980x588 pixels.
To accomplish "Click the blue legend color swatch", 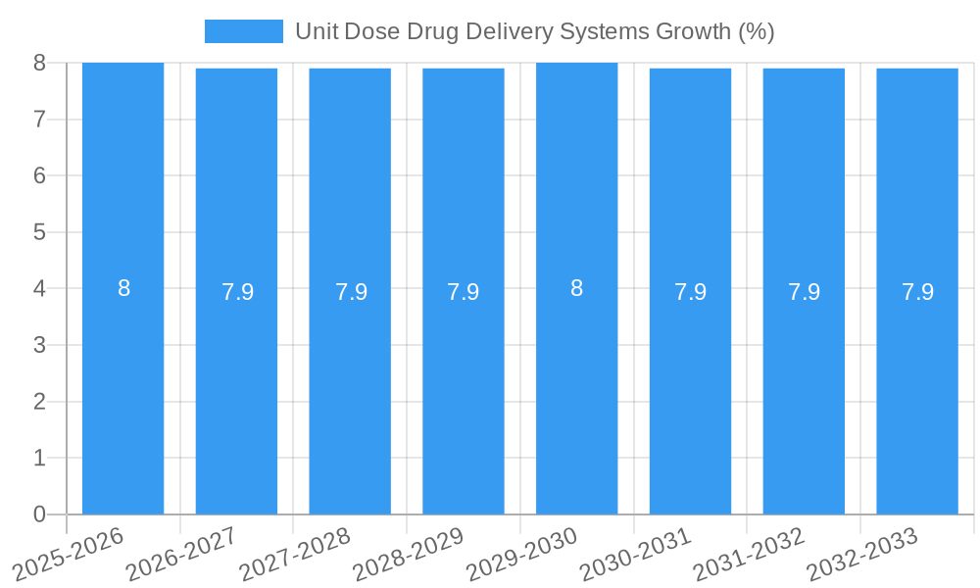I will click(243, 31).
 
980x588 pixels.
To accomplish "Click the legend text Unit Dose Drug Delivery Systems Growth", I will click(535, 31).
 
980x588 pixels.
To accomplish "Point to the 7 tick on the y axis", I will click(39, 120).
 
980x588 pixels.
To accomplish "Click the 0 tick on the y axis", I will click(39, 514).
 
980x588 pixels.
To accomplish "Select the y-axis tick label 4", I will click(39, 289).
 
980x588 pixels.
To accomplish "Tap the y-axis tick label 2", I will click(39, 402).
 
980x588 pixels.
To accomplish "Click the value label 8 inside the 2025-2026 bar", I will click(123, 289).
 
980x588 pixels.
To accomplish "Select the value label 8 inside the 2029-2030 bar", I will click(576, 289).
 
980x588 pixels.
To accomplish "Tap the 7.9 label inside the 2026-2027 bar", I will click(237, 292).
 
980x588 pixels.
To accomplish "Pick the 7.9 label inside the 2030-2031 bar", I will click(690, 292).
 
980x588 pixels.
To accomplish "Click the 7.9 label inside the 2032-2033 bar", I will click(917, 292).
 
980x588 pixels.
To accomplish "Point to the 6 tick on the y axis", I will click(39, 176).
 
